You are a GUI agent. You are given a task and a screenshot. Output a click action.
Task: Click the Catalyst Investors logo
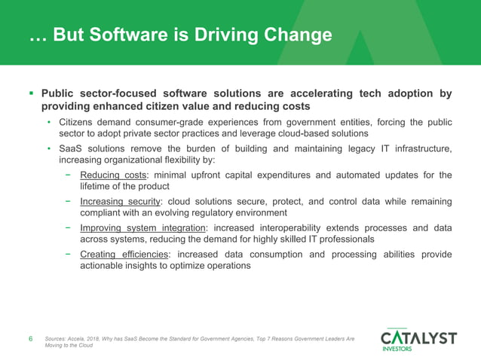pos(418,338)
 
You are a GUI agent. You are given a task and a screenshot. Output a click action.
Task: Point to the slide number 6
pos(30,339)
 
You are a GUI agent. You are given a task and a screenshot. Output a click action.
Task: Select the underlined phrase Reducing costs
pos(113,175)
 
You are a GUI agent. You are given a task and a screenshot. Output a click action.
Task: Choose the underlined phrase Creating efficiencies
pos(124,255)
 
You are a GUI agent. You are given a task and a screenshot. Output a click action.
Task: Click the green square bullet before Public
pos(30,94)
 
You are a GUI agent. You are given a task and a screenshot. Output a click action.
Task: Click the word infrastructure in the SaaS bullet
pos(419,149)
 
